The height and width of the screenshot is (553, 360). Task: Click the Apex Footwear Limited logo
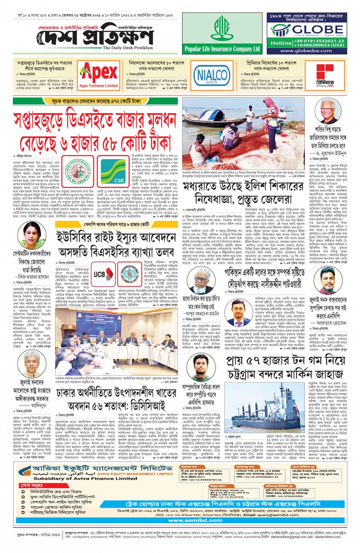click(99, 75)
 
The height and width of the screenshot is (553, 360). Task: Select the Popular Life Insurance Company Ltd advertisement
click(222, 34)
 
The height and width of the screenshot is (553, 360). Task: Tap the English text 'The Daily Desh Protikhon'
click(128, 48)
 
